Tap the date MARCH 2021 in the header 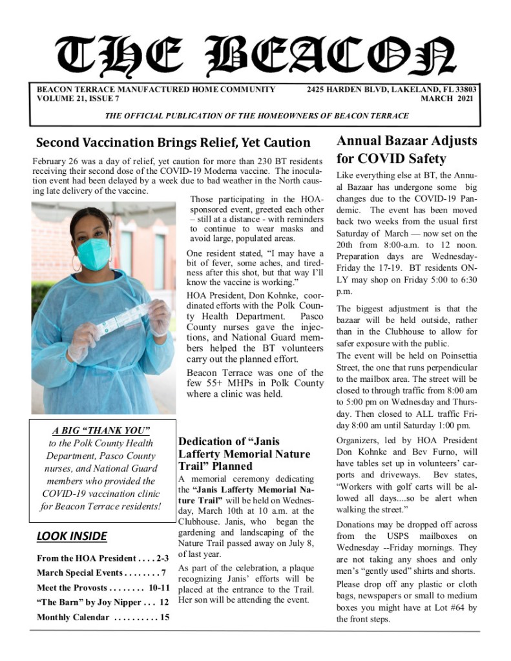(446, 99)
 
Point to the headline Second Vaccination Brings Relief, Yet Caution (173, 143)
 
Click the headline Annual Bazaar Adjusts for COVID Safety (406, 149)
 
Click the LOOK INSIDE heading (72, 536)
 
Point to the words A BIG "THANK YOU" (101, 430)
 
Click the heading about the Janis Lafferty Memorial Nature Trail (244, 454)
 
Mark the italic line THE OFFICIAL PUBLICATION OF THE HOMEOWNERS (256, 116)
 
